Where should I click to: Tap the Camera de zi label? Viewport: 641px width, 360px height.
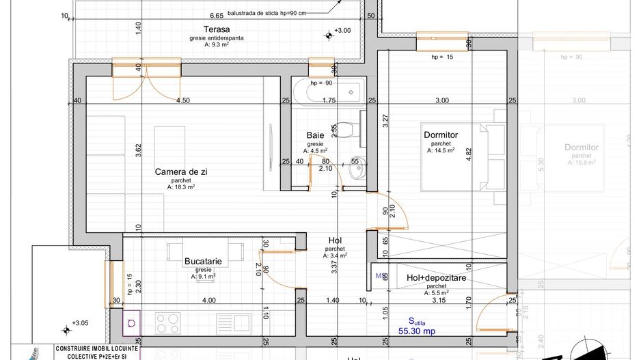point(181,171)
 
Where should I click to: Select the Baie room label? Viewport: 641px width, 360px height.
point(315,135)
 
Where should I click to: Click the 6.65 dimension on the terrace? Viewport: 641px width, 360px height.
point(217,14)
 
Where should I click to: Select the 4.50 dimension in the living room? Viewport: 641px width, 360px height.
point(182,100)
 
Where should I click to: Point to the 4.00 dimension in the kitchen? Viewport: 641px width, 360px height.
point(209,300)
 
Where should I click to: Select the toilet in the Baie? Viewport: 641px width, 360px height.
point(349,128)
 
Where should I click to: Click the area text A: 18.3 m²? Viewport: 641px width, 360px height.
point(181,186)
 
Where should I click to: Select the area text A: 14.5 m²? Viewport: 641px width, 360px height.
point(441,150)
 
